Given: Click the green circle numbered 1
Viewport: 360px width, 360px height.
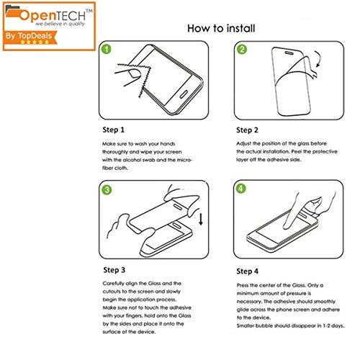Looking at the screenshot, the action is (x=107, y=49).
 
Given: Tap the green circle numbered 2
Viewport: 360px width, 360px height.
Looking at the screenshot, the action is (x=242, y=49).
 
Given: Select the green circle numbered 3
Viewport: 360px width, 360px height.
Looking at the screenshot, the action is (x=107, y=190).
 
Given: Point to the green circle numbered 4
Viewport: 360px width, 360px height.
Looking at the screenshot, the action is (x=240, y=189).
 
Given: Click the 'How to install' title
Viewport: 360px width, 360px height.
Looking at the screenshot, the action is (x=221, y=28).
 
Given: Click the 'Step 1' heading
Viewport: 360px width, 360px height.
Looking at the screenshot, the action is (x=113, y=130).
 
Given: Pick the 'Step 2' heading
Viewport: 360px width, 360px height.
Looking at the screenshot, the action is (x=247, y=130).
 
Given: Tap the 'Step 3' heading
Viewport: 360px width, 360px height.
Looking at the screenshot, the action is (x=114, y=270).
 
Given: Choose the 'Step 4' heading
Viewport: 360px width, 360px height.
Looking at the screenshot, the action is (x=248, y=271).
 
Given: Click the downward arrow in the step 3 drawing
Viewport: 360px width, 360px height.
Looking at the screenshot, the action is (x=201, y=219).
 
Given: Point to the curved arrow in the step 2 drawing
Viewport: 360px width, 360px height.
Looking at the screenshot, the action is (x=318, y=59).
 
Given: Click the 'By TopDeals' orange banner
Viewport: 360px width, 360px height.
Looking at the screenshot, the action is (x=31, y=37).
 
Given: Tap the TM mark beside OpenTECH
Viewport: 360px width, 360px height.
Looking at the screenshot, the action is (x=89, y=11).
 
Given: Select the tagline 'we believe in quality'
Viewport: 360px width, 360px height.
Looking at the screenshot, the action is (x=60, y=24).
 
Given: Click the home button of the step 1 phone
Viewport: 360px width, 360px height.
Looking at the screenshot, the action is (x=184, y=94).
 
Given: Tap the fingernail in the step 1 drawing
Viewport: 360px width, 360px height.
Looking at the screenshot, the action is (x=135, y=73).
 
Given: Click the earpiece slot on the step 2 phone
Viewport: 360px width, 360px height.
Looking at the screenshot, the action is (x=289, y=53).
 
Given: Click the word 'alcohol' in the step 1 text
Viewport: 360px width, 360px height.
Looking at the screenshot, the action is (x=132, y=160).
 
